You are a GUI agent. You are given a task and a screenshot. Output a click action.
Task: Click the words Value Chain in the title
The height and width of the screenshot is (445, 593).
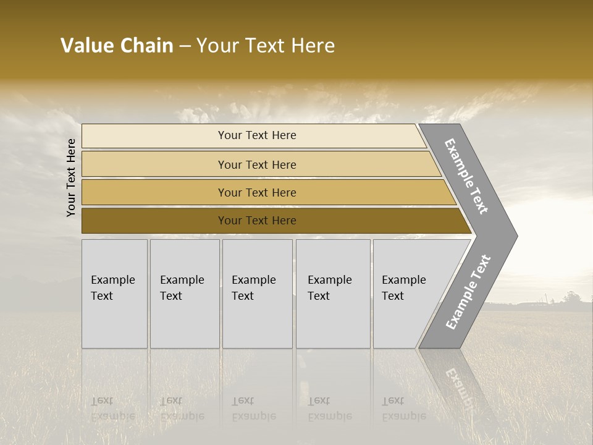(117, 46)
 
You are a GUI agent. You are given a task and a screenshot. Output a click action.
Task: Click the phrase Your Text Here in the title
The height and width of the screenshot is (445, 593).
(266, 46)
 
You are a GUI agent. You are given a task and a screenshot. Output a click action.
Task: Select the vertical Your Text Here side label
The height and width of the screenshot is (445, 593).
(71, 177)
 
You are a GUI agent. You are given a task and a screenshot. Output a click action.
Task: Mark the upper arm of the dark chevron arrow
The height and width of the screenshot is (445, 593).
(466, 176)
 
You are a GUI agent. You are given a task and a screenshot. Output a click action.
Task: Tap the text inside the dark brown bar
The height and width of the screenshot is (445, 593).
(257, 221)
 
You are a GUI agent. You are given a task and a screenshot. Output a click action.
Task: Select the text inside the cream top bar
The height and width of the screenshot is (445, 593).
(257, 135)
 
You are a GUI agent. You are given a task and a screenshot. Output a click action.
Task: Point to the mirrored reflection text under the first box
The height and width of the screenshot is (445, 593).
(113, 409)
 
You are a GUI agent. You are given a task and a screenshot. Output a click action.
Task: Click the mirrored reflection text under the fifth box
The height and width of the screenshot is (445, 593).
(404, 409)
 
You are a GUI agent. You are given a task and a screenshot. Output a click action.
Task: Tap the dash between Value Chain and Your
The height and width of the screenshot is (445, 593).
(185, 46)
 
